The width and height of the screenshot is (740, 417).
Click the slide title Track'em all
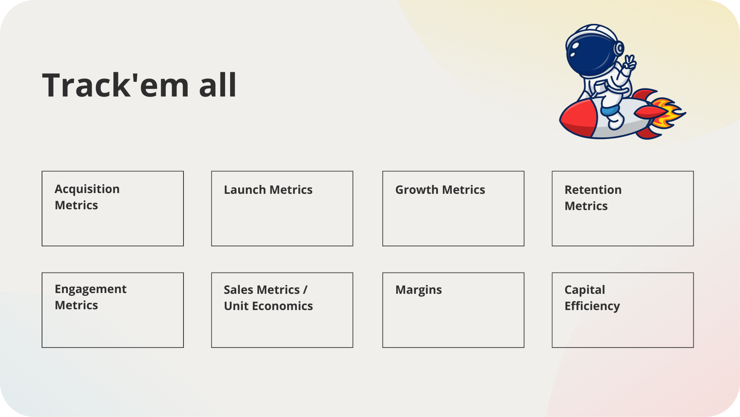pos(139,85)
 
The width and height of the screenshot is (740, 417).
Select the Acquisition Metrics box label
pos(87,197)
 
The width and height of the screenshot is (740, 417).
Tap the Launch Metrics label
pos(268,190)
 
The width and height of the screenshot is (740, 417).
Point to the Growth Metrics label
pos(440,190)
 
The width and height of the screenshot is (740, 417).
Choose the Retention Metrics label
pos(593,198)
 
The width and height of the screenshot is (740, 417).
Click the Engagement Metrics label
pos(91,297)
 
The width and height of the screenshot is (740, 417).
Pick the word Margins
pos(419,290)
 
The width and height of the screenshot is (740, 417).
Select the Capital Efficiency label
pos(592,298)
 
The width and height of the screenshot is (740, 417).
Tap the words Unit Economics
pos(268,306)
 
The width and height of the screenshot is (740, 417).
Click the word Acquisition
pos(87,189)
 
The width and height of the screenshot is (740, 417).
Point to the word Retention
pos(593,190)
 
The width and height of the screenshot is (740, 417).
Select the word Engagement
pos(91,290)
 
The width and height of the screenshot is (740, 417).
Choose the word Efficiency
pos(592,306)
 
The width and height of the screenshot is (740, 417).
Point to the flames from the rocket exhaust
pos(669,113)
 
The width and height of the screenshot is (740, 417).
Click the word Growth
pos(417,190)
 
